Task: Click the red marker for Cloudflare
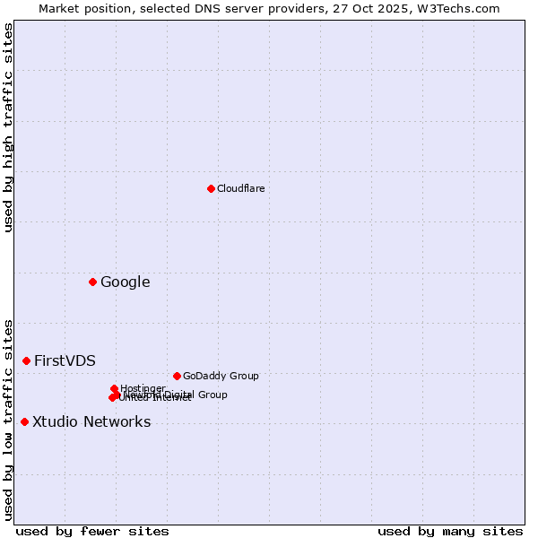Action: coord(211,188)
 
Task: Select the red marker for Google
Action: coord(92,282)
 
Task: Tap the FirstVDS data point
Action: coord(26,361)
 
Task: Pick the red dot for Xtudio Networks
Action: coord(24,422)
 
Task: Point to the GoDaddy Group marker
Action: coord(177,377)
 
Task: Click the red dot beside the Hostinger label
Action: coord(114,389)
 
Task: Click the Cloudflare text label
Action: coord(240,188)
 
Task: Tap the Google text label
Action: coord(125,282)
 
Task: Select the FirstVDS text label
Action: coord(65,361)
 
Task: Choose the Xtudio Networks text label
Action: coord(91,422)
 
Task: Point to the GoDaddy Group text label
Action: coord(221,377)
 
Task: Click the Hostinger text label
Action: coord(143,388)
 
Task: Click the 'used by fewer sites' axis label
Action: coord(92,532)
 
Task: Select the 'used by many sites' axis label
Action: coord(450,532)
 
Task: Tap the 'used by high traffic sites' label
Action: coord(9,128)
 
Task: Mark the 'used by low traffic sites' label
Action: coord(9,420)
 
